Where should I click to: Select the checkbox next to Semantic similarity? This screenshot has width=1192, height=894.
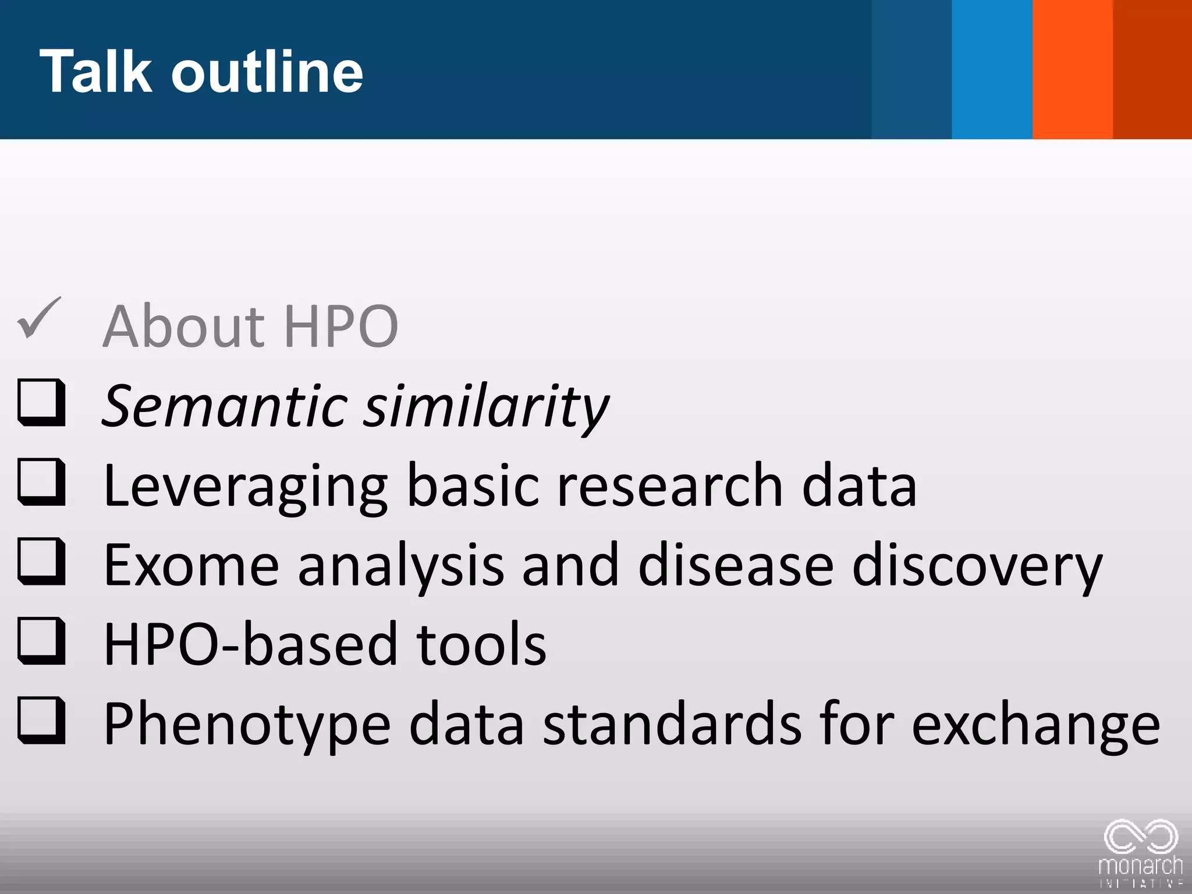click(x=41, y=402)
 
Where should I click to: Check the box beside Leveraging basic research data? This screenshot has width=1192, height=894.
click(x=41, y=482)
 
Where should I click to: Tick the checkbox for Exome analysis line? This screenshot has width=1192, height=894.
click(x=41, y=562)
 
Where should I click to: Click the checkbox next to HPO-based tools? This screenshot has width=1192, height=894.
click(x=41, y=641)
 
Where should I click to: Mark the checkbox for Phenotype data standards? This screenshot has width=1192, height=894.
click(x=41, y=721)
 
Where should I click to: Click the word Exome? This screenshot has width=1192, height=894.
click(x=191, y=565)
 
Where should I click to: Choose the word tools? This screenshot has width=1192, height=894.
click(x=481, y=644)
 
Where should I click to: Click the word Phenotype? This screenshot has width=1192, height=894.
click(x=247, y=725)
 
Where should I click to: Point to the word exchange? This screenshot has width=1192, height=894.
click(x=1035, y=725)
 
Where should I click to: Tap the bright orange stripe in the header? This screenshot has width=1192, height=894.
click(x=1073, y=69)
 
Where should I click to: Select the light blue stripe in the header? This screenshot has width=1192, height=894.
click(x=992, y=69)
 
